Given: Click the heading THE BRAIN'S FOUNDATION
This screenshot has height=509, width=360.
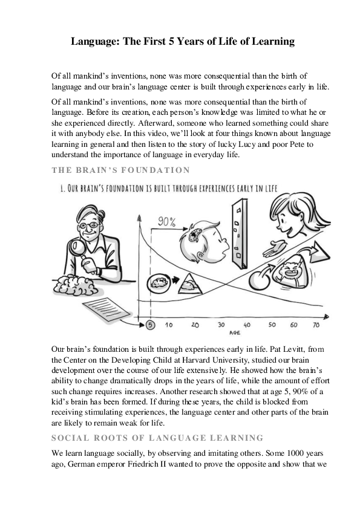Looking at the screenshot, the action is coord(121,170).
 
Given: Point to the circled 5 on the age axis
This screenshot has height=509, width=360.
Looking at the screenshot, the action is coord(151,325).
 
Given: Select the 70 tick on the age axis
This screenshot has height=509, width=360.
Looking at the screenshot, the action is coord(315,325).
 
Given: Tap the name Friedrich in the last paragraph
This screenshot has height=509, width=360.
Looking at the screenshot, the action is coord(172,465).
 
